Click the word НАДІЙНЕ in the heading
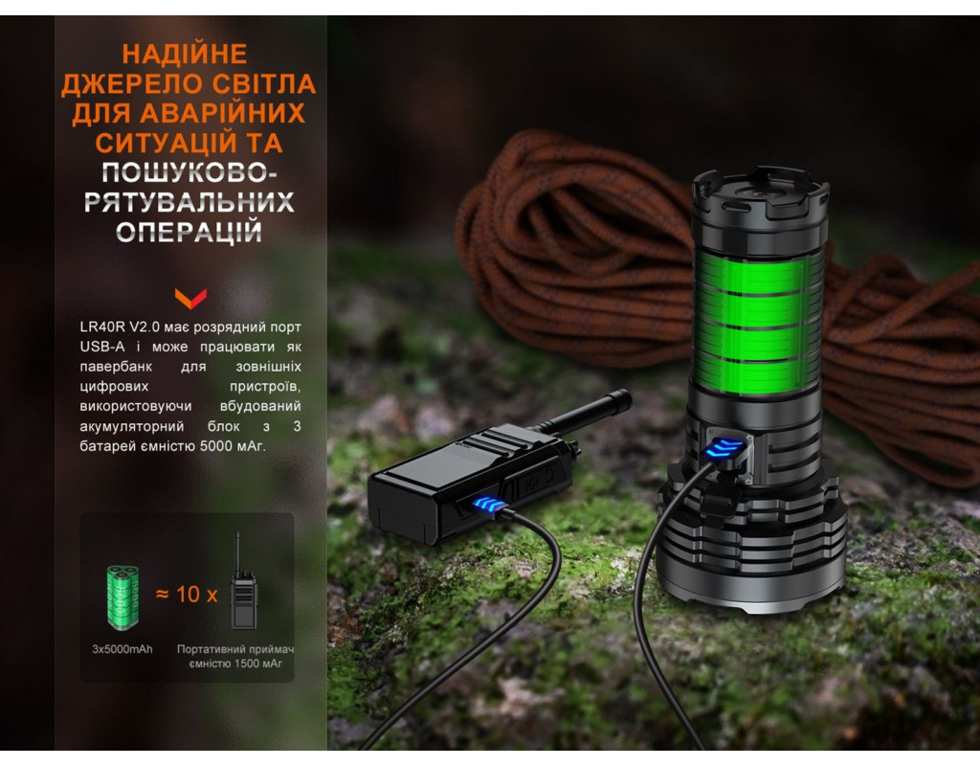tap(185, 54)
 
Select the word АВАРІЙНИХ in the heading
tap(222, 113)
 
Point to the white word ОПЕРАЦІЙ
tap(189, 232)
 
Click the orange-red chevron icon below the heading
tap(190, 299)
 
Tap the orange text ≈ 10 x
tap(187, 595)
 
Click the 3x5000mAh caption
tap(122, 649)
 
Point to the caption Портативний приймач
tap(235, 649)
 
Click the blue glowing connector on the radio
tap(491, 504)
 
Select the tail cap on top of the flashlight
tap(761, 193)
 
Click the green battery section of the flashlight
tap(758, 322)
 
